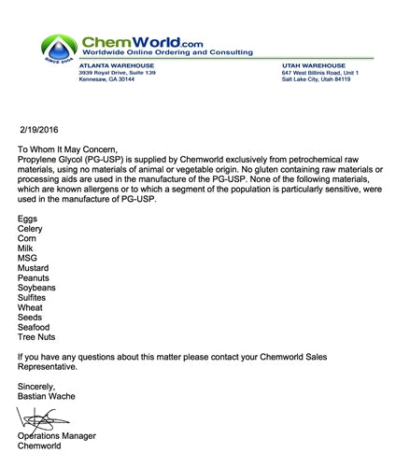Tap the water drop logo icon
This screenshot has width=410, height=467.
click(62, 49)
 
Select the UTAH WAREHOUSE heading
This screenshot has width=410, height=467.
click(311, 65)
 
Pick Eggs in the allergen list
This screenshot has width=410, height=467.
click(28, 218)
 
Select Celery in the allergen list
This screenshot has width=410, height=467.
click(31, 228)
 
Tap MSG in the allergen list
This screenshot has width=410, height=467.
click(28, 258)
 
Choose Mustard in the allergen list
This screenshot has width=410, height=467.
click(34, 268)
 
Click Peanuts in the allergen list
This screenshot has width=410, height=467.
click(34, 278)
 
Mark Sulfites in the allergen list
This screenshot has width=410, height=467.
click(33, 298)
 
